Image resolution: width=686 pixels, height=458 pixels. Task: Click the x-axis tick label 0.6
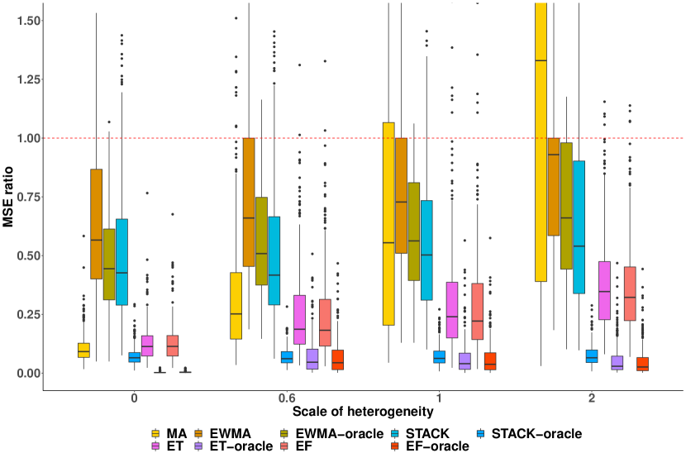287,397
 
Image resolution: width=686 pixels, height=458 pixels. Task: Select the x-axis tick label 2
592,397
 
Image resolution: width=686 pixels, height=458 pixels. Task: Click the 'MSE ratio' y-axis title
8,196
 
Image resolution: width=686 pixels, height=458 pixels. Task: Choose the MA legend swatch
155,433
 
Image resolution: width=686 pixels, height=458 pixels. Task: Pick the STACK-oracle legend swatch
481,433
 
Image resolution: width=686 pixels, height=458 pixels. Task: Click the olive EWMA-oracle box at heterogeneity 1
414,231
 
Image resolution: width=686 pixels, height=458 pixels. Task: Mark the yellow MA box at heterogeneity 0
83,350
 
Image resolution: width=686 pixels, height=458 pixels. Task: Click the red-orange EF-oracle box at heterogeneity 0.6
337,360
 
